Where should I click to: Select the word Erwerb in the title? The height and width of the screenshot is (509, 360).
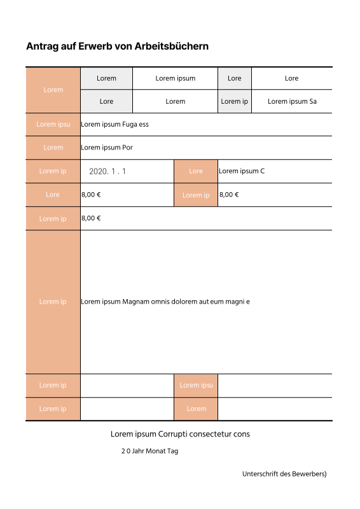[x=94, y=46]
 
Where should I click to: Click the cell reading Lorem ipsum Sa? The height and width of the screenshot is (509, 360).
[x=292, y=101]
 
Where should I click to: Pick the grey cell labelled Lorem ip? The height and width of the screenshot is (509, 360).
[x=234, y=101]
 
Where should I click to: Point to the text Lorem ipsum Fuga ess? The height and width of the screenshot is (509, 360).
[x=114, y=124]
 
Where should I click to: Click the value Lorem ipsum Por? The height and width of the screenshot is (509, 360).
[x=106, y=148]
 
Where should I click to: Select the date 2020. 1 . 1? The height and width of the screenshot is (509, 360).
[x=107, y=171]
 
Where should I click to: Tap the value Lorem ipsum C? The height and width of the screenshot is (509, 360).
[x=241, y=171]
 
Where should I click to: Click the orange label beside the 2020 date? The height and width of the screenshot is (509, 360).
[x=53, y=171]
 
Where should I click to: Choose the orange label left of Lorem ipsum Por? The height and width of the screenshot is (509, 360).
[x=53, y=148]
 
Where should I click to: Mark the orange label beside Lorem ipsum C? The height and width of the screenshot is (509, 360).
[x=196, y=171]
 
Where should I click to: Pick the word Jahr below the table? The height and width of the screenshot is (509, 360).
[x=139, y=451]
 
